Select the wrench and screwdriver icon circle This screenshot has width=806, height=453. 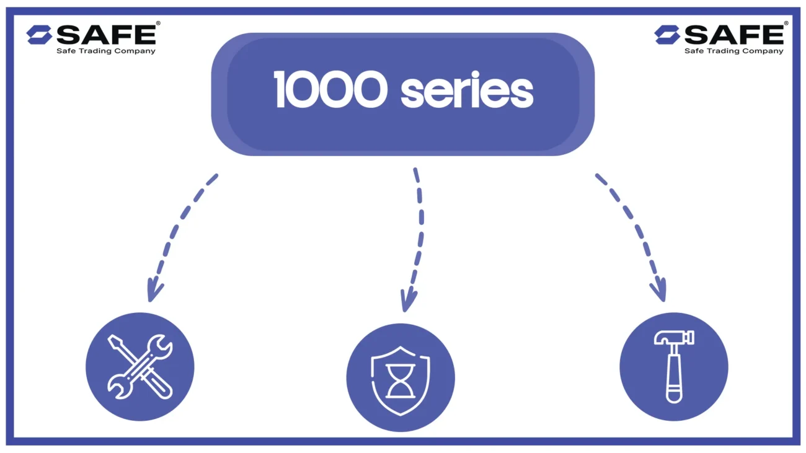[140, 367]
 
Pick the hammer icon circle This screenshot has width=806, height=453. [674, 367]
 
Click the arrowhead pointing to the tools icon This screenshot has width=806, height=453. [154, 291]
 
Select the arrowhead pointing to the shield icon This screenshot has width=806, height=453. [407, 302]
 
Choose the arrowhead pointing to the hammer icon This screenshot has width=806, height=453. [659, 291]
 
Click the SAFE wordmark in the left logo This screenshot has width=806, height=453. [106, 35]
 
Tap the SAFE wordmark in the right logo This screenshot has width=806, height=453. [734, 35]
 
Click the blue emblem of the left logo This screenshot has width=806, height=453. [39, 35]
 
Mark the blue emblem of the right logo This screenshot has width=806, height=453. [667, 35]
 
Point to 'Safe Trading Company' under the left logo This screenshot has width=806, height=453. [106, 51]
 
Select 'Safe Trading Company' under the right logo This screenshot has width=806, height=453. [734, 51]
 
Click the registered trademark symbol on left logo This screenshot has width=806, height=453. [158, 24]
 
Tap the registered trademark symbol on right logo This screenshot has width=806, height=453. [786, 24]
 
